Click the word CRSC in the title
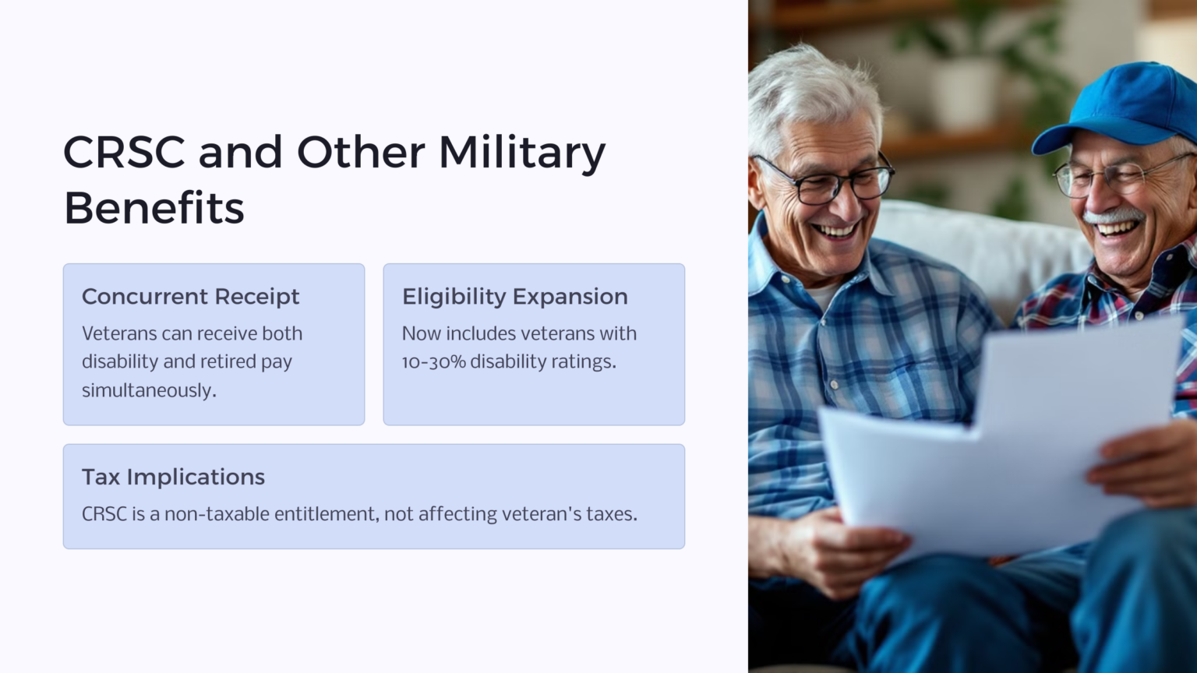124,152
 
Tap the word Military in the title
523,153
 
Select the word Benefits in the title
154,207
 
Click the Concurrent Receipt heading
191,297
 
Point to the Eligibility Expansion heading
515,297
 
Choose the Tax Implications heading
173,477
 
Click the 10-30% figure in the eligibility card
433,361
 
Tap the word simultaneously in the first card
149,390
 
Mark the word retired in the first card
224,361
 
